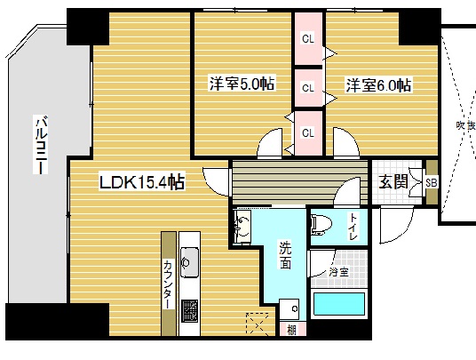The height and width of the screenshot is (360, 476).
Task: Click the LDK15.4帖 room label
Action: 142,182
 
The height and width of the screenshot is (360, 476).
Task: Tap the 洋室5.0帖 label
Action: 242,84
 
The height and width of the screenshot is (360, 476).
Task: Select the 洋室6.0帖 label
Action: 378,85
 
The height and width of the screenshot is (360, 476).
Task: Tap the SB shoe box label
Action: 432,182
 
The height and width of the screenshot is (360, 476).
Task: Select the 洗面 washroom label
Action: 285,255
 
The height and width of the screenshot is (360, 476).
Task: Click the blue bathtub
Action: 339,308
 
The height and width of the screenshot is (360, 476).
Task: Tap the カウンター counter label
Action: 167,283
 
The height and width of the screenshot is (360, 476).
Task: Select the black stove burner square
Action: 190,312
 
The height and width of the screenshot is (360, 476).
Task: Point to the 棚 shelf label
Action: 291,331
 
